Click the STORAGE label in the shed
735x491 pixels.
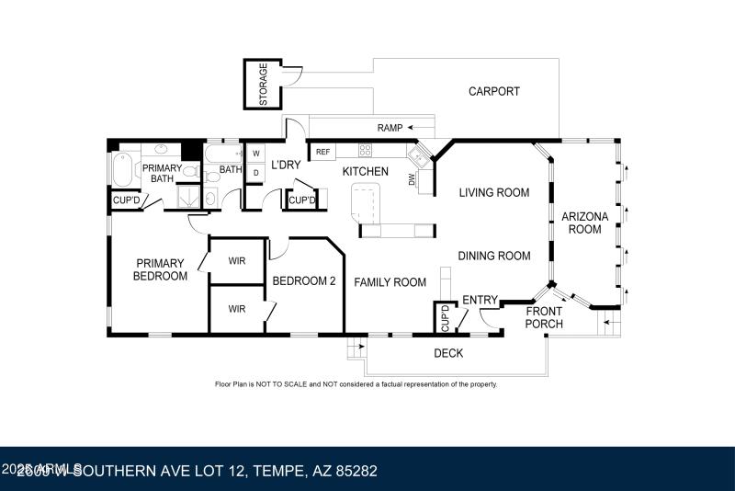click(x=264, y=84)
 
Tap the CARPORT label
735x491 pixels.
click(x=493, y=91)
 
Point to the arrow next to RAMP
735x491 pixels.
click(x=422, y=127)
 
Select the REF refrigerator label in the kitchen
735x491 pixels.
click(x=322, y=151)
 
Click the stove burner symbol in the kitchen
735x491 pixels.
click(x=365, y=151)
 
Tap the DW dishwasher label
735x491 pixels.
click(x=412, y=180)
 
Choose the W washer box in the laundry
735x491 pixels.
click(x=256, y=153)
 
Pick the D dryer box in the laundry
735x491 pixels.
click(x=256, y=172)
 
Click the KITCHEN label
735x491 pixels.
click(x=366, y=172)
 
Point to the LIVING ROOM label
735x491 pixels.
click(x=494, y=192)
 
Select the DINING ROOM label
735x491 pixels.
click(x=494, y=256)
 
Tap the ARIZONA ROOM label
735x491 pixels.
click(x=585, y=223)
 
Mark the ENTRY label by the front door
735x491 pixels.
click(x=479, y=300)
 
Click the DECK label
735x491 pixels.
click(x=448, y=353)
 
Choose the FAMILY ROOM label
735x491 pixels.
click(x=390, y=282)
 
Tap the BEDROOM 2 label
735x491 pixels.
click(x=303, y=281)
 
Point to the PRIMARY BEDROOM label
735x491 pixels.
click(x=161, y=269)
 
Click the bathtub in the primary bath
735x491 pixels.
click(x=122, y=170)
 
